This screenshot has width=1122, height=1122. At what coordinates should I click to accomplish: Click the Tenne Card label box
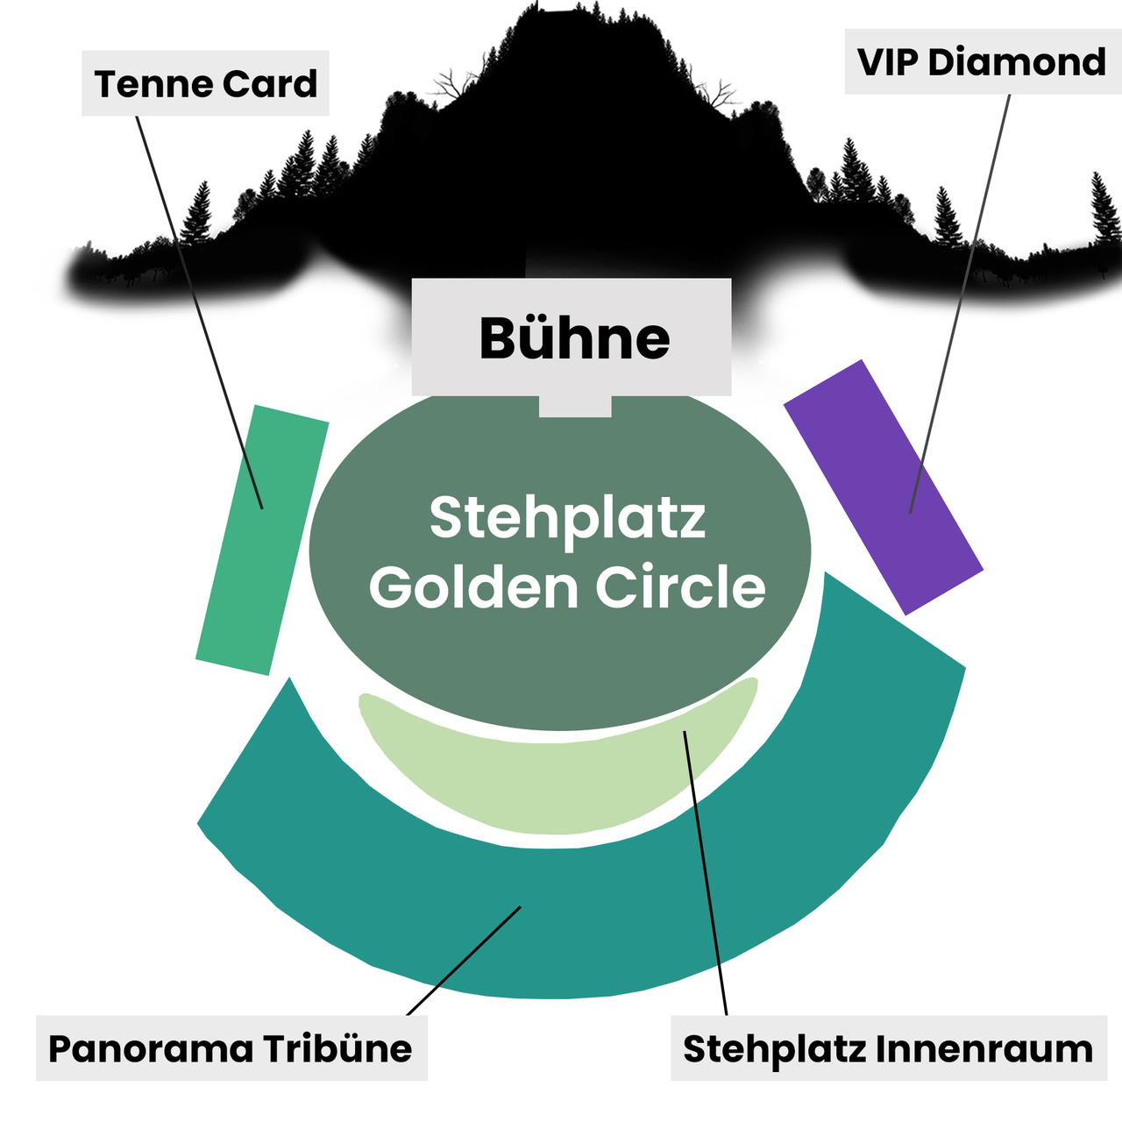tap(205, 82)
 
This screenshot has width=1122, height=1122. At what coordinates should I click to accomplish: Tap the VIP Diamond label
tap(983, 61)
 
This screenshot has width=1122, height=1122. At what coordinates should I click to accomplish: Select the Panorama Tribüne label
tap(231, 1048)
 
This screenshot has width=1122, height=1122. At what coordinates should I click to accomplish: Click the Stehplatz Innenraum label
tap(889, 1048)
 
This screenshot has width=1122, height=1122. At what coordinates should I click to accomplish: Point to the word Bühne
tap(574, 338)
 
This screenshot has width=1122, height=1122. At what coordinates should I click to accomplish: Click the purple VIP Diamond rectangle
tap(884, 487)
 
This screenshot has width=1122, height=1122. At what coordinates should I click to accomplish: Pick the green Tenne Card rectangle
tap(262, 540)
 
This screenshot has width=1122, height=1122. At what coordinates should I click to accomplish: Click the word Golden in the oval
tap(473, 587)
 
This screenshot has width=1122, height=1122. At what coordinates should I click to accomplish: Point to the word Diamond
tap(1017, 61)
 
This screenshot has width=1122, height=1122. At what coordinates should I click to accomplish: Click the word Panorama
tap(151, 1049)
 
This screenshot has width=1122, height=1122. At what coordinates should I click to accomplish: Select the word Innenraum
tap(984, 1049)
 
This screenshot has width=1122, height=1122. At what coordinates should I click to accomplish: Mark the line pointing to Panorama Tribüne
tap(464, 961)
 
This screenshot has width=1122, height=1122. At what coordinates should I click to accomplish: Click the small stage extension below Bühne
tap(575, 407)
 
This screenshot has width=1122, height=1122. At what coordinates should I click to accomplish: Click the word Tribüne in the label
tap(337, 1049)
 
